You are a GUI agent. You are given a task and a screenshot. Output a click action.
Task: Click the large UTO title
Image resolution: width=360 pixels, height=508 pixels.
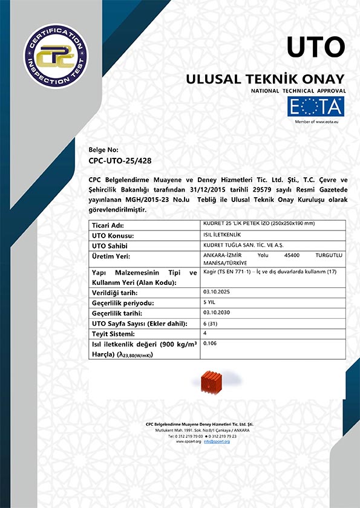click(x=315, y=47)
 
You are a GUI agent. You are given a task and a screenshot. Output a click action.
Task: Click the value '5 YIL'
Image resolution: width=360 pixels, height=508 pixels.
click(x=211, y=301)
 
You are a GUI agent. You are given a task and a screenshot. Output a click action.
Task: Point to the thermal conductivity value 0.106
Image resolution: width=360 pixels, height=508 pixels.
click(x=211, y=344)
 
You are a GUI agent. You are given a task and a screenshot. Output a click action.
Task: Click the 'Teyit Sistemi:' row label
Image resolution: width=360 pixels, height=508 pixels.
click(x=113, y=334)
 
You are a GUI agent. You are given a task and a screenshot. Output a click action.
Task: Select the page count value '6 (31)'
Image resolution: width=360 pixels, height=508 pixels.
click(x=212, y=322)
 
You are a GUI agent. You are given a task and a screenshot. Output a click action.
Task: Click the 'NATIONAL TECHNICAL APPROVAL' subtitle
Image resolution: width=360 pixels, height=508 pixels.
click(x=298, y=90)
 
